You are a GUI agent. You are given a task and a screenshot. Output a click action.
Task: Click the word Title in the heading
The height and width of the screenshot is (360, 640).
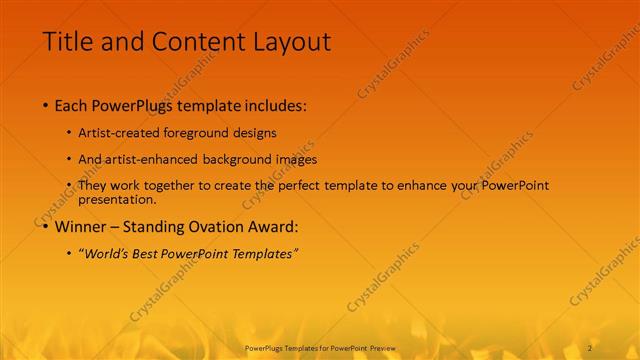point(67,42)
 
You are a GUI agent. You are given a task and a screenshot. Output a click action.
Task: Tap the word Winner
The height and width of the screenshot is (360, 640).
point(80,226)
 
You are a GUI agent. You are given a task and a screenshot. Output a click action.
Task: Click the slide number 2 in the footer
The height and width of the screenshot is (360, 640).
point(591,348)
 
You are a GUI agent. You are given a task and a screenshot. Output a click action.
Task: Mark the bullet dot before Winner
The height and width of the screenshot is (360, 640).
point(46,227)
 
